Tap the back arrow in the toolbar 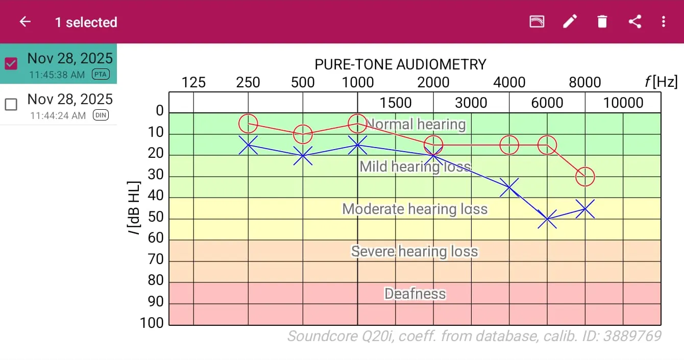click(25, 21)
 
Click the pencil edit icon click(570, 21)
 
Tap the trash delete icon click(602, 21)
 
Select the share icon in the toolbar click(634, 21)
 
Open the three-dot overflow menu click(664, 21)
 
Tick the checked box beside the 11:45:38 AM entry click(11, 63)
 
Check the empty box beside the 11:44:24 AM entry click(11, 104)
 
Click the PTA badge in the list click(101, 75)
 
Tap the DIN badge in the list click(101, 115)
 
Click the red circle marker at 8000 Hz click(585, 177)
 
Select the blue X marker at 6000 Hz click(547, 219)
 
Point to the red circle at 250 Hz click(248, 123)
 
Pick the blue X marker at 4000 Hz click(509, 187)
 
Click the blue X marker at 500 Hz click(303, 155)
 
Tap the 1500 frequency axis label click(396, 103)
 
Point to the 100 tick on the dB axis click(152, 323)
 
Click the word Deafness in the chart click(415, 294)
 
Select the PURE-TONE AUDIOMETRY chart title click(400, 64)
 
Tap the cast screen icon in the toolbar click(536, 21)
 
